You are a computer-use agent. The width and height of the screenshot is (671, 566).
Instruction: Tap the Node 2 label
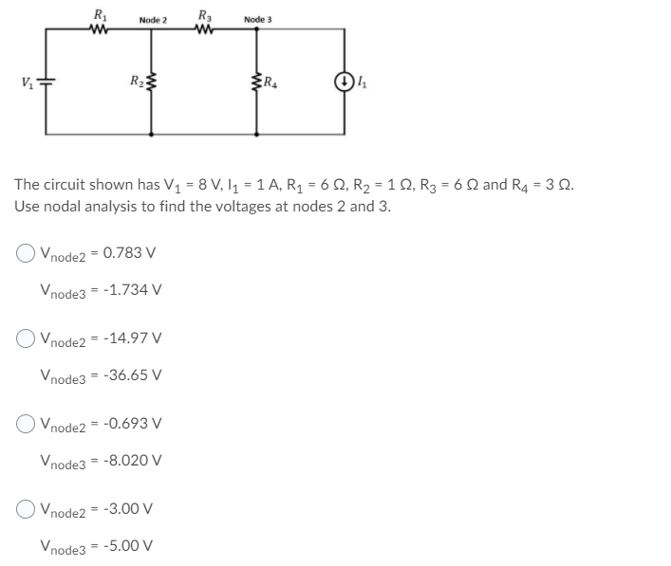click(153, 20)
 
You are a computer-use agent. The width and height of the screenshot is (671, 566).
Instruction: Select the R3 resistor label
click(205, 12)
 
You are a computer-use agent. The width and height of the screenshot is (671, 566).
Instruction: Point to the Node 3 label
click(258, 19)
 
